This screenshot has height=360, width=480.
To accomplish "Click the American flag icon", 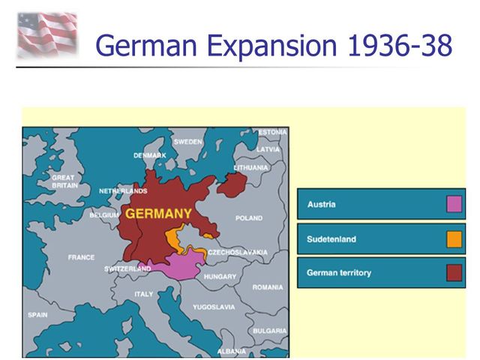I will click(47, 34).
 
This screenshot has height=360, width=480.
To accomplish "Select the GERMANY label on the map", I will click(158, 214).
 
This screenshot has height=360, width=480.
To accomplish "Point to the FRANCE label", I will click(81, 257).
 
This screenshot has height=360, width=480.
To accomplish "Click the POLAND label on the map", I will click(249, 218).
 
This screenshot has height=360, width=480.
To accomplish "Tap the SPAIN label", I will click(37, 315).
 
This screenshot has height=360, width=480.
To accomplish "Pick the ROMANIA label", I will click(268, 287).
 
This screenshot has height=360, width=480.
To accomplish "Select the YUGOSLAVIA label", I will click(214, 307).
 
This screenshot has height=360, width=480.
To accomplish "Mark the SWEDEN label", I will click(187, 142).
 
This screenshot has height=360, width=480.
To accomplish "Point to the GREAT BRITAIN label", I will click(64, 181).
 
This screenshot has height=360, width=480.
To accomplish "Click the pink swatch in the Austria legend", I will click(454, 204).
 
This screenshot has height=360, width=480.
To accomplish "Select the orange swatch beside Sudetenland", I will click(454, 239).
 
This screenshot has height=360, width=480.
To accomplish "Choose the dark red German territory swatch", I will click(454, 273).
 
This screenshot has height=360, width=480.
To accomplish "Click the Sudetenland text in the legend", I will click(331, 239).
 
